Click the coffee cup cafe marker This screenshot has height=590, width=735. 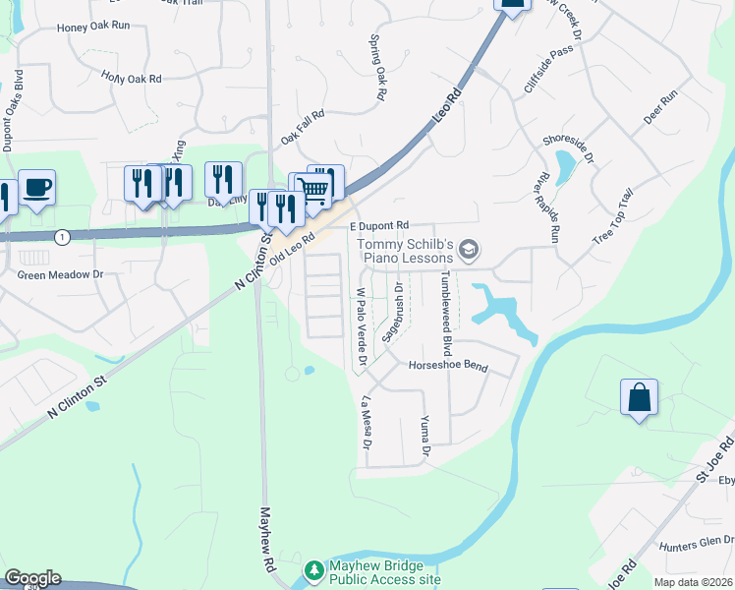tap(36, 187)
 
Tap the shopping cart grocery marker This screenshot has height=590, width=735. tap(313, 188)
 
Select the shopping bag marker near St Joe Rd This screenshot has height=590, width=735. tap(639, 398)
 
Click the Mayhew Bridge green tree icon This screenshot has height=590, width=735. tap(313, 570)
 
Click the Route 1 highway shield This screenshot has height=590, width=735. tap(62, 237)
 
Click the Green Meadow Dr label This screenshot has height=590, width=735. tap(60, 275)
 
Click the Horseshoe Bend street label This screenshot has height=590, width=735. tap(447, 366)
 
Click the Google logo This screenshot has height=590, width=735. tap(32, 578)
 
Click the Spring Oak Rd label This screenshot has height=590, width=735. tap(376, 69)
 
